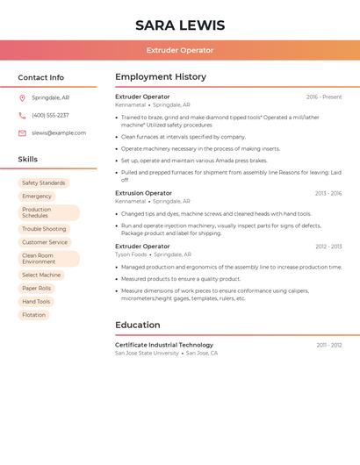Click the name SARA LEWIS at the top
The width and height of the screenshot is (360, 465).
click(180, 25)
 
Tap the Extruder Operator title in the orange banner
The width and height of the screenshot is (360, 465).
click(180, 50)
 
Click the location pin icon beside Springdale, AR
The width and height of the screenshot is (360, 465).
click(22, 97)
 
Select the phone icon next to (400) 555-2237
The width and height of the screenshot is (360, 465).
click(22, 115)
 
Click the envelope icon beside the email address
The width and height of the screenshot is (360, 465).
click(22, 133)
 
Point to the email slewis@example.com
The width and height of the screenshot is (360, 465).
click(59, 133)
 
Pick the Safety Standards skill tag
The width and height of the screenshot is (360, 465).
click(44, 182)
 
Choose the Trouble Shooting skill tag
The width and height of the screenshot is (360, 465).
click(44, 229)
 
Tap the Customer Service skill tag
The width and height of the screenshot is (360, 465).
click(45, 242)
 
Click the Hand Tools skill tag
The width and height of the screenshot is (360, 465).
click(37, 301)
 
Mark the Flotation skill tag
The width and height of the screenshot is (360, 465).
click(34, 314)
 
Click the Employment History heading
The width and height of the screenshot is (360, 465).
click(161, 77)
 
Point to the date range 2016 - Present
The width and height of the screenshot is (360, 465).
click(324, 97)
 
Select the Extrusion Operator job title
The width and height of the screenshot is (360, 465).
click(144, 193)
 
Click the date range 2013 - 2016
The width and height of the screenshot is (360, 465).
click(328, 193)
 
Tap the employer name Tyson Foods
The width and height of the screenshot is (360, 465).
click(131, 254)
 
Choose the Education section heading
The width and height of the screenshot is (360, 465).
click(138, 325)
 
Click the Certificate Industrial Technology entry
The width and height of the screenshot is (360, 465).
click(164, 345)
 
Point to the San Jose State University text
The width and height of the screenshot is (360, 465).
click(147, 353)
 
